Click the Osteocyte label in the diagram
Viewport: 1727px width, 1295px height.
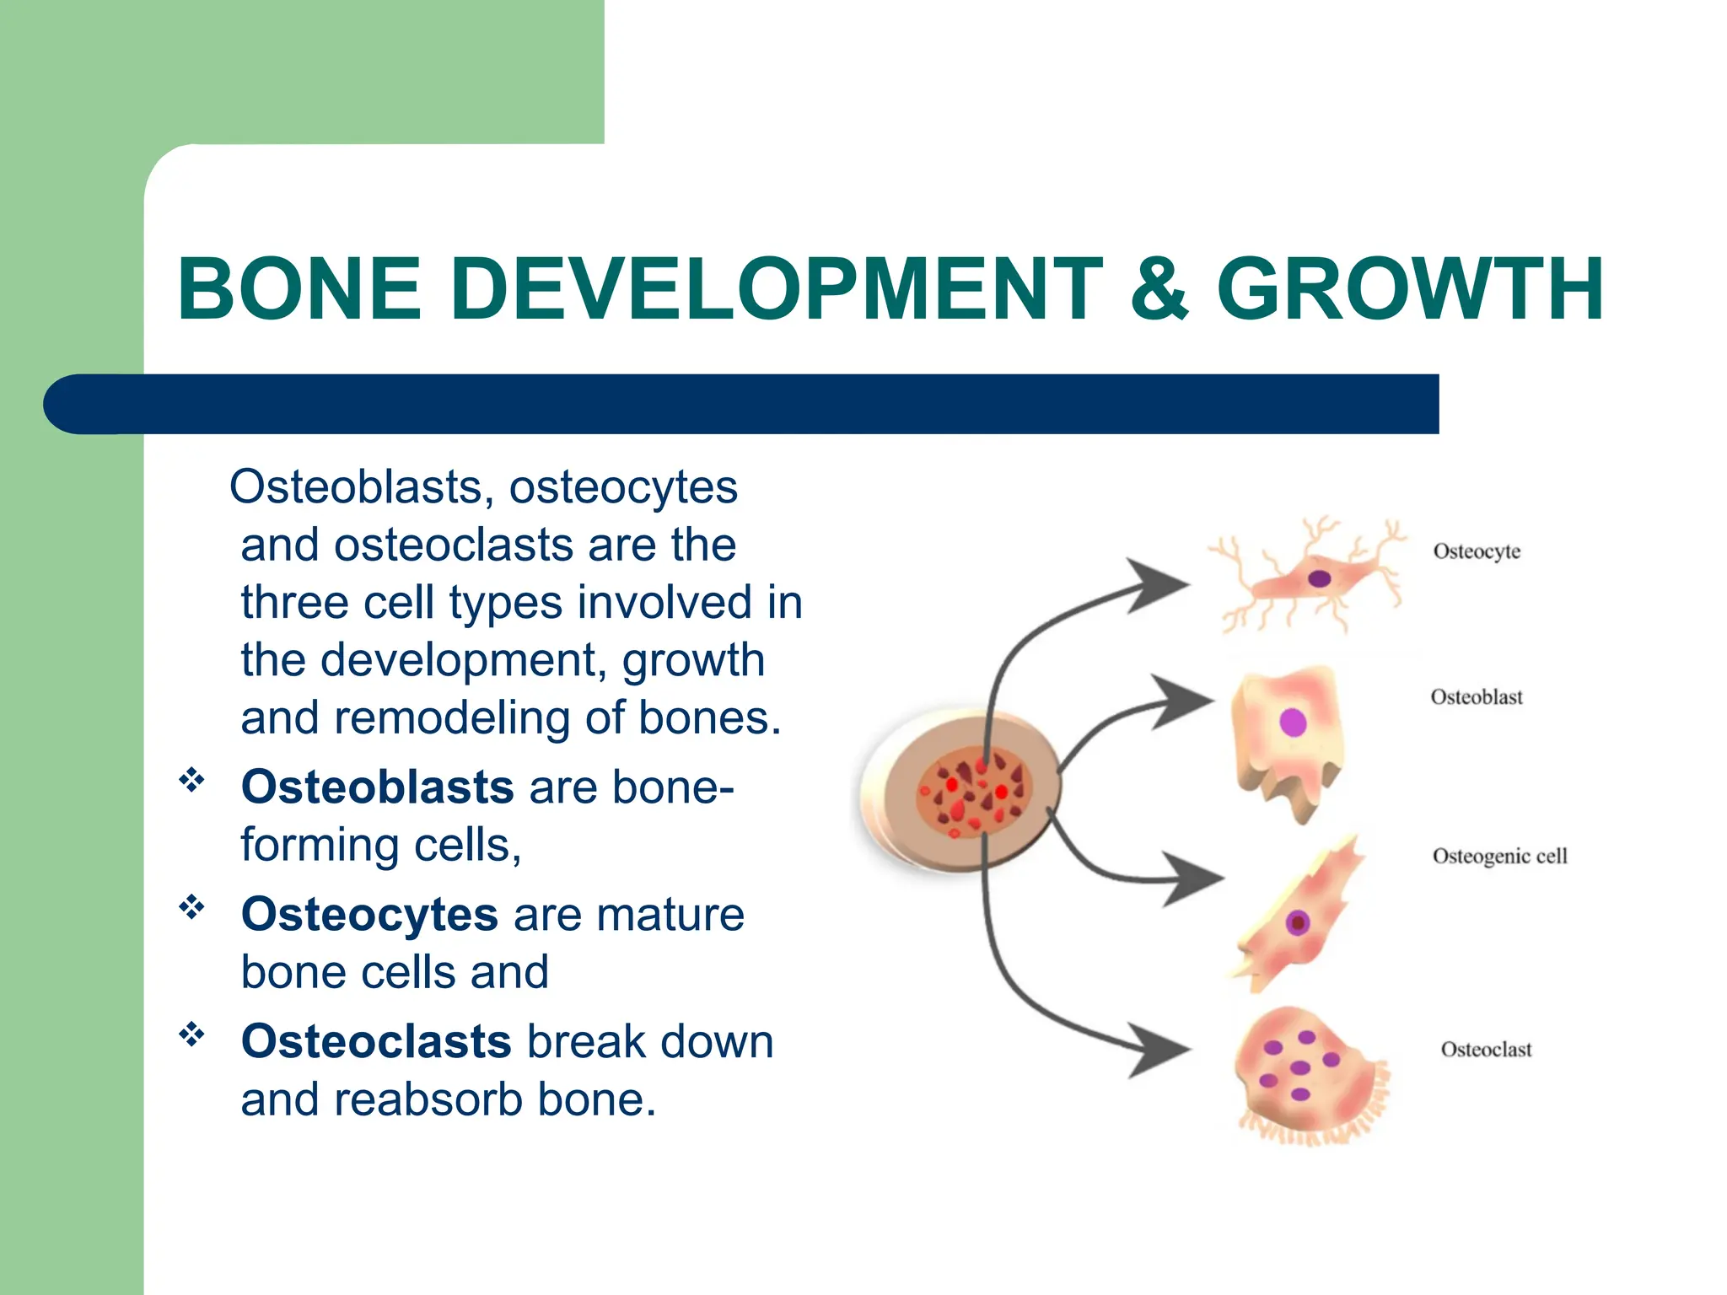click(x=1477, y=551)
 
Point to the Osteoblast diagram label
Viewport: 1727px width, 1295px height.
click(x=1477, y=697)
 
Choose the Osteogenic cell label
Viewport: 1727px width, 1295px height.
click(x=1499, y=856)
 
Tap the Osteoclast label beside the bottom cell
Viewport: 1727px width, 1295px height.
click(x=1486, y=1050)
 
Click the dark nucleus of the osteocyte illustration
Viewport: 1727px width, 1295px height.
click(x=1319, y=578)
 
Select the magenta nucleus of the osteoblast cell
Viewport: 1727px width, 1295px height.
click(x=1293, y=723)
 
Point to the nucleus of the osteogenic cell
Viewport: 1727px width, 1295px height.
click(x=1298, y=922)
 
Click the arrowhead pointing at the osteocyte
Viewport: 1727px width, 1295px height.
click(x=1159, y=584)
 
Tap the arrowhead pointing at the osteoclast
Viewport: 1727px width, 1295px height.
click(x=1159, y=1051)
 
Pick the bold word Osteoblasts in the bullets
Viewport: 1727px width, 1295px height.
click(x=377, y=787)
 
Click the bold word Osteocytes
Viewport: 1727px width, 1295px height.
click(x=369, y=914)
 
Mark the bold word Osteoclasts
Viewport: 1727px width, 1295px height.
click(x=376, y=1041)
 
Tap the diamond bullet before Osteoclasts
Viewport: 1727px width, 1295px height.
click(x=191, y=1034)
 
